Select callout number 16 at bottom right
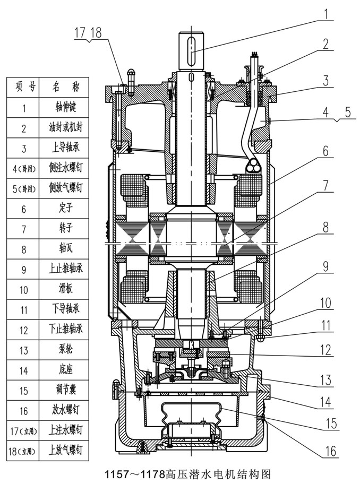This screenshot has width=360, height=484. pos(330,451)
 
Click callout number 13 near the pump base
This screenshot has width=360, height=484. pos(325,380)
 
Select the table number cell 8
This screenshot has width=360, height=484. pos(24,249)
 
